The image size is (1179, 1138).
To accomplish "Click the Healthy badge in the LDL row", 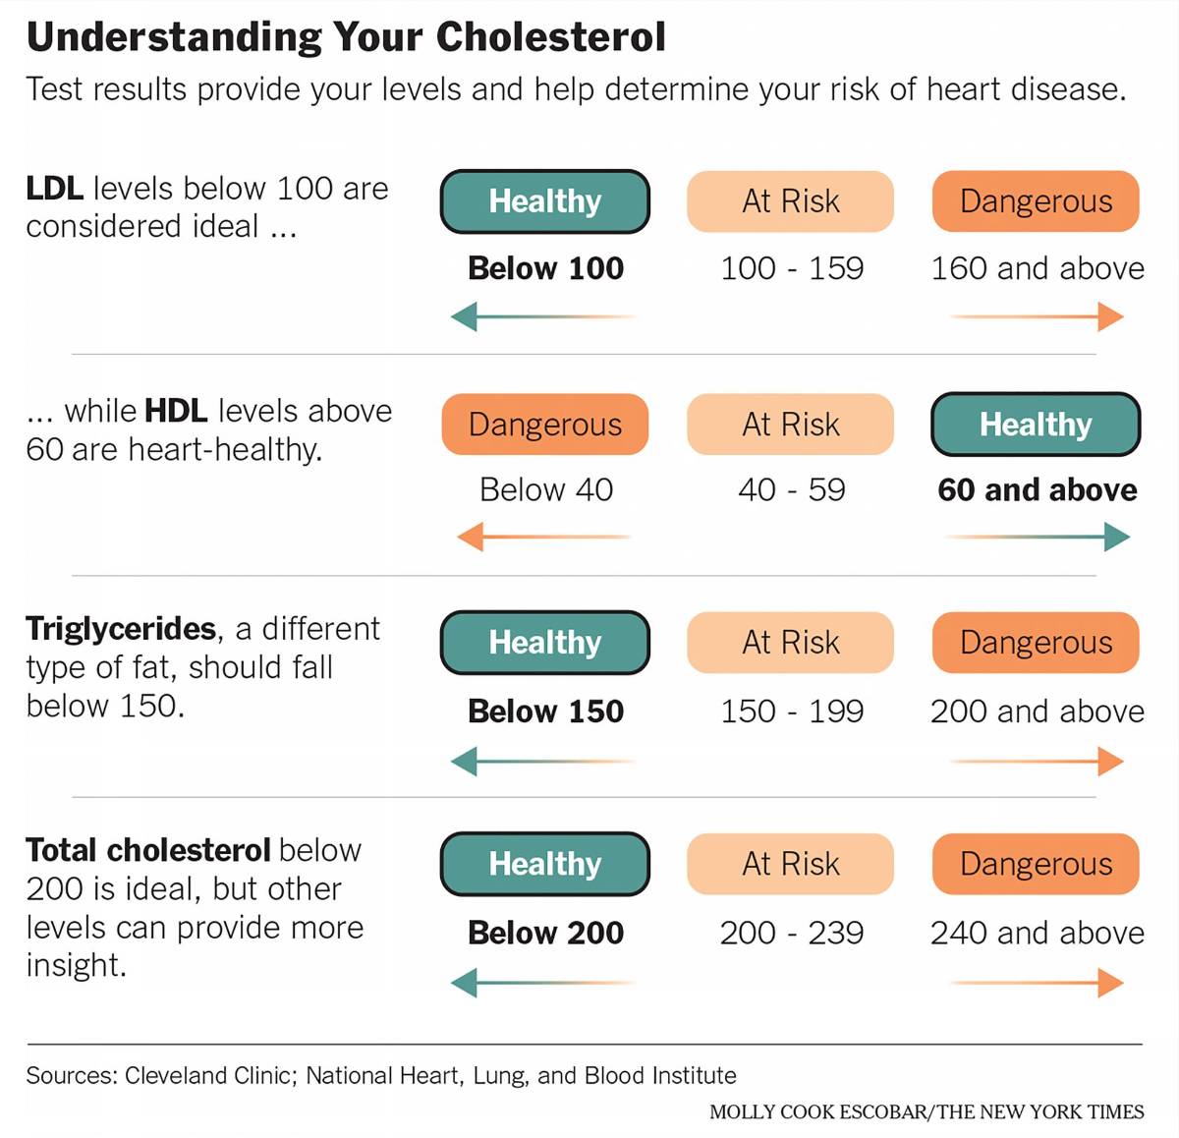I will click(545, 201).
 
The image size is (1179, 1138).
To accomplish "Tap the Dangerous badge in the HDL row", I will click(545, 425).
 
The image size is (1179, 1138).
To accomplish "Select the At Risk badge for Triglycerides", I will click(791, 643).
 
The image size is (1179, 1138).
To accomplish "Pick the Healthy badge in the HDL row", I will click(1036, 425).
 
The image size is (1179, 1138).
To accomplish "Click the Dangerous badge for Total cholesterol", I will click(1036, 864).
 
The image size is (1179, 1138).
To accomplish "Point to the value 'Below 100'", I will click(545, 268).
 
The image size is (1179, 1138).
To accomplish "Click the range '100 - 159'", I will click(792, 268).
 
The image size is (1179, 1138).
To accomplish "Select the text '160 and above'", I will click(1038, 268).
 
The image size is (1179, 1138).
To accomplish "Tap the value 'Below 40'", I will click(545, 489).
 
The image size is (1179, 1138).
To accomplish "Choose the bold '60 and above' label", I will click(1038, 489).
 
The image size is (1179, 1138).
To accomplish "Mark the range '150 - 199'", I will click(792, 711).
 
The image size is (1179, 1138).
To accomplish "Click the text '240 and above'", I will click(1038, 933).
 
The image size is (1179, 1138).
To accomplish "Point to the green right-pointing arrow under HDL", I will click(1038, 537).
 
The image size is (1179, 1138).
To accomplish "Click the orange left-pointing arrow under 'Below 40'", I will click(543, 537).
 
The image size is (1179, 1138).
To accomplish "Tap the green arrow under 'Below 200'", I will click(543, 982).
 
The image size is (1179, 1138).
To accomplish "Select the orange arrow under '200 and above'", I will click(1038, 761).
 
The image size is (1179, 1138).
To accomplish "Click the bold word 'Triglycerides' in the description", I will click(121, 629).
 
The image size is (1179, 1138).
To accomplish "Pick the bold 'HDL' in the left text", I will click(176, 411).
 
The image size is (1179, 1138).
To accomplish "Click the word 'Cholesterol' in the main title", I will click(550, 37).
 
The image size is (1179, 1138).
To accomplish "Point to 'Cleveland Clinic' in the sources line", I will click(209, 1075).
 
